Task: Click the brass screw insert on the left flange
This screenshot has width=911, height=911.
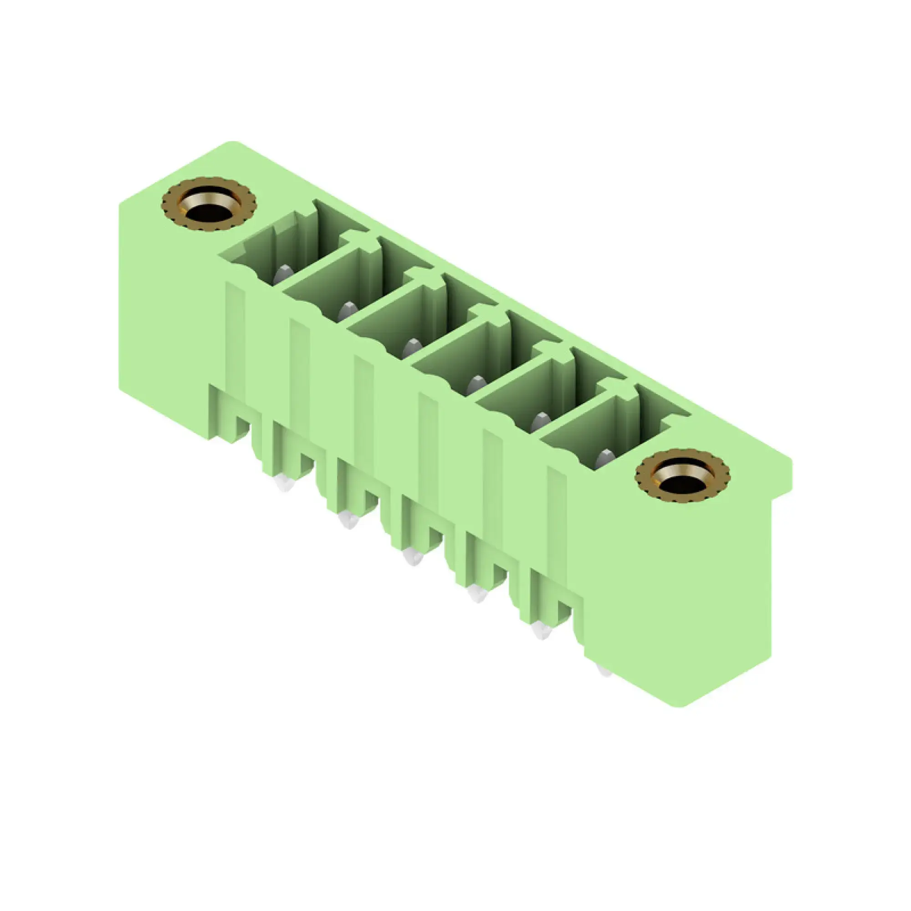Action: [x=208, y=205]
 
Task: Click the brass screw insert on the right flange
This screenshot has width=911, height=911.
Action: [x=682, y=477]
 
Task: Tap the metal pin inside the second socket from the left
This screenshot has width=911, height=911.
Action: [x=348, y=310]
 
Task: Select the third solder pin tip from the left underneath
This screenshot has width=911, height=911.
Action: [x=413, y=557]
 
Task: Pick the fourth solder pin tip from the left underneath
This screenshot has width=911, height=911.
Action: [x=477, y=594]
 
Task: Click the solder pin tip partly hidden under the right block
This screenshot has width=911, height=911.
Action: [x=604, y=670]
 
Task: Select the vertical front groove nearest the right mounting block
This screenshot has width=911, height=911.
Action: [x=557, y=514]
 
